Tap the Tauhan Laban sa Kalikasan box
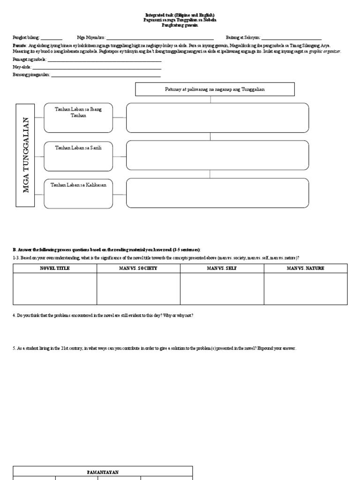pos(78,193)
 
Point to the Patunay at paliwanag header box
pos(215,89)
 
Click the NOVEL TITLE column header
pos(54,269)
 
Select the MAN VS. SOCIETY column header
pos(138,269)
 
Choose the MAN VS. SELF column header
pos(222,269)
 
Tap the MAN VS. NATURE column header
pos(306,269)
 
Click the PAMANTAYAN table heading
pos(103,472)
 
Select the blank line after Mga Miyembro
pos(160,38)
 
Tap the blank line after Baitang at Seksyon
pos(291,38)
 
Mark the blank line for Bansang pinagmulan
pos(105,75)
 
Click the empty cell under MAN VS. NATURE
pos(306,289)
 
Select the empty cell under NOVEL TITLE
pos(54,289)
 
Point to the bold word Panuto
pos(19,45)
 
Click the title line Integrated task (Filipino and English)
pos(180,15)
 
